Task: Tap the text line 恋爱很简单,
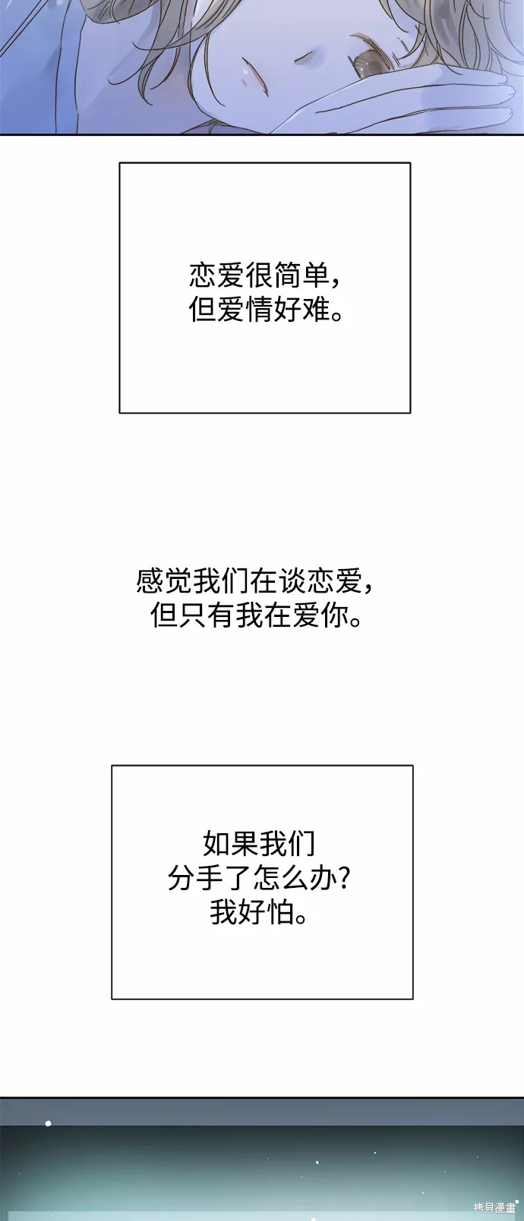tap(265, 276)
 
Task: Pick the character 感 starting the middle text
tap(150, 581)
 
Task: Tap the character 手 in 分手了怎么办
tap(210, 877)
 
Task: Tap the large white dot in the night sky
tap(49, 1123)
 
